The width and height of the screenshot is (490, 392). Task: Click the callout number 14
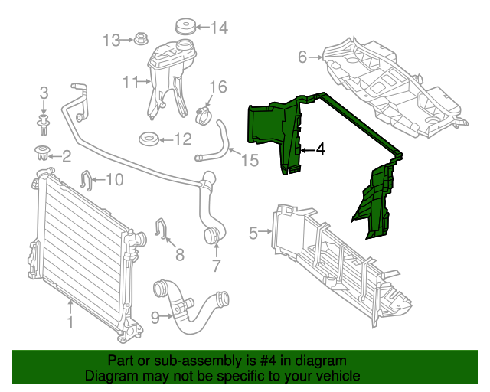coord(219,28)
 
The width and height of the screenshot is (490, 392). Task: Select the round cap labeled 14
coord(185,27)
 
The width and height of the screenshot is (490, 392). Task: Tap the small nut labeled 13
coord(142,38)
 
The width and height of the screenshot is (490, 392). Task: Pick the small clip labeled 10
coord(87,181)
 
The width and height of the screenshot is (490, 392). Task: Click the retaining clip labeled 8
coord(162,227)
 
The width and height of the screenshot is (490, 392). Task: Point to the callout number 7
coord(216,266)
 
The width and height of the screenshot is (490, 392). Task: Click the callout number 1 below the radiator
coord(70,323)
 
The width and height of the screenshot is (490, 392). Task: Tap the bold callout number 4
coord(320,149)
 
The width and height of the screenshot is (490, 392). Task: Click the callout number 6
coord(302,57)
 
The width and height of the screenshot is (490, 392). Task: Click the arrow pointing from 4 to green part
coord(306,149)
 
